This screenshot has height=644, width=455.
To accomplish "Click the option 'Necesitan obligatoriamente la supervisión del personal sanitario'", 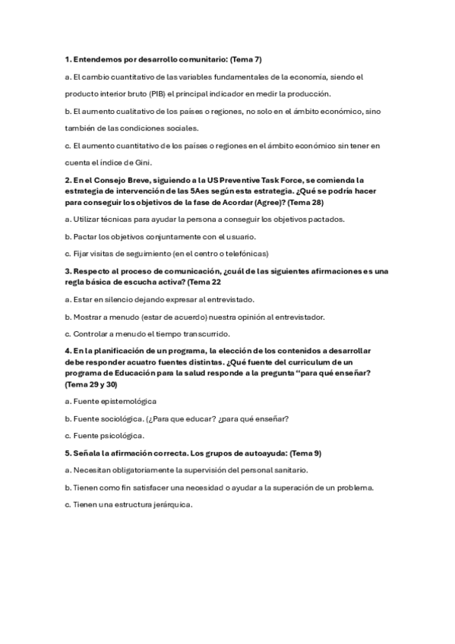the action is coord(186,470).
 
